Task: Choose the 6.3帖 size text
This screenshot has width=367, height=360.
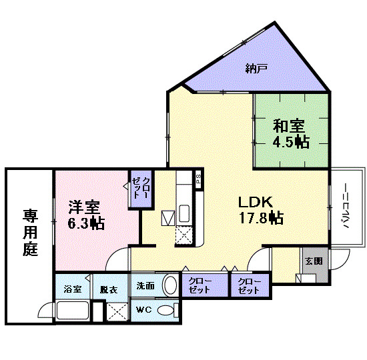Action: [x=85, y=223]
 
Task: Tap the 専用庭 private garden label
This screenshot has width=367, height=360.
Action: [x=30, y=233]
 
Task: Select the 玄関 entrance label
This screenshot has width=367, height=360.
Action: [x=314, y=261]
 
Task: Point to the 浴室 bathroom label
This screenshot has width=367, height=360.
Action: [x=73, y=289]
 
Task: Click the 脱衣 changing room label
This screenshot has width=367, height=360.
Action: [x=108, y=289]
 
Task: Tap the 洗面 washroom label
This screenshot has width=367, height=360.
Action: [x=146, y=286]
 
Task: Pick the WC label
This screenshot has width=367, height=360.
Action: [x=144, y=310]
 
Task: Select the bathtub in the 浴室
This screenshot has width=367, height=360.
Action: [x=73, y=311]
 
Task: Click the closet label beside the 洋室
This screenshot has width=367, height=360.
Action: [x=141, y=189]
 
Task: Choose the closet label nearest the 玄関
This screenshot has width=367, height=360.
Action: [x=249, y=286]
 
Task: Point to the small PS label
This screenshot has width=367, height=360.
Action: [x=198, y=178]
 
